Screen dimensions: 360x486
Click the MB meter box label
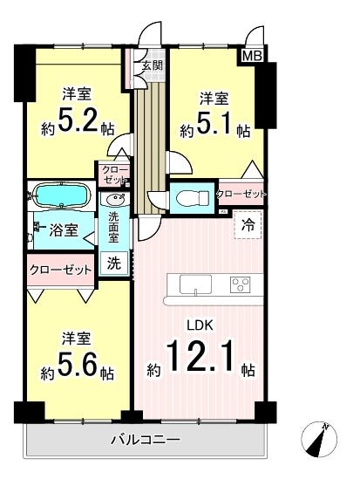tap(252, 56)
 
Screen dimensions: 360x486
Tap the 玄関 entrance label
tap(153, 65)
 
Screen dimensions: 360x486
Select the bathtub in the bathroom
tap(63, 196)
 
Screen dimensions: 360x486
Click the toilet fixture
tap(193, 198)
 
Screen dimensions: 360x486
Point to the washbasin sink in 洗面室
tap(114, 198)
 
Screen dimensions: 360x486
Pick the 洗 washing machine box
tap(114, 264)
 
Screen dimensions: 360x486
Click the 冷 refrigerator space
tap(248, 225)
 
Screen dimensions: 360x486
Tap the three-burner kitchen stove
tap(241, 284)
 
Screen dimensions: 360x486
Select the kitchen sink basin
tap(195, 284)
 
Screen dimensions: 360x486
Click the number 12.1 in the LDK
tap(200, 356)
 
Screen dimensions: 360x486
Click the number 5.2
tap(78, 122)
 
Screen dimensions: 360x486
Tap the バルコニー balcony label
tap(146, 440)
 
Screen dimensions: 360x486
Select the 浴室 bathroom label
tap(64, 230)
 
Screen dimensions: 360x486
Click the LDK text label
tap(200, 325)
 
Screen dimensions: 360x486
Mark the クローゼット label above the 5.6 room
tap(61, 270)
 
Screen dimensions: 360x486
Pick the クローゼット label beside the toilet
tap(241, 195)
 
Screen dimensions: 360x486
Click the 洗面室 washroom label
tap(113, 228)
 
